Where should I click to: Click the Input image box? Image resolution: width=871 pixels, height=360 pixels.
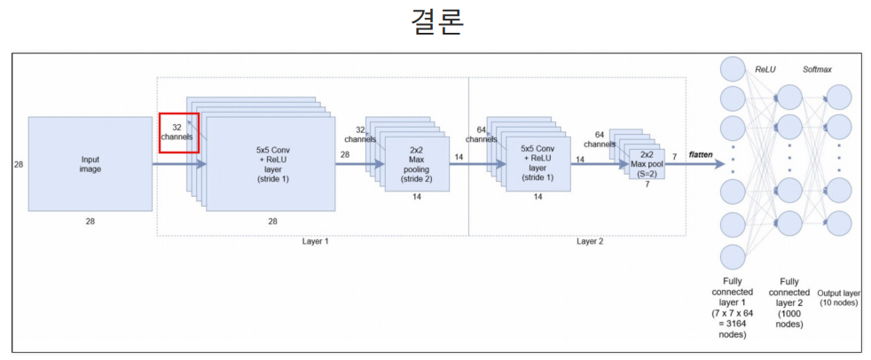tap(90, 164)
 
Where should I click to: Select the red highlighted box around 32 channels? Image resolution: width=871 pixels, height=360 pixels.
tap(178, 132)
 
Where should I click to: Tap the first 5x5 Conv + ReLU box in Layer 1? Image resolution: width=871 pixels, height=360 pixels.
tap(271, 164)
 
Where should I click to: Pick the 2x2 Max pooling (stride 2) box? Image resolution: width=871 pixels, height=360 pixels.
tap(416, 164)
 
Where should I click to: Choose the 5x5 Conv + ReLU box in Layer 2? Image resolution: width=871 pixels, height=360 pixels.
tap(538, 163)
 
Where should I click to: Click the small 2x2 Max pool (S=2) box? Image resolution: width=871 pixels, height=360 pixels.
tap(647, 163)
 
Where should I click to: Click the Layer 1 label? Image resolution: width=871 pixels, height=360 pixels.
tap(313, 241)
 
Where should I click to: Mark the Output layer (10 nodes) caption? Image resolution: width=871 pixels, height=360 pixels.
tap(838, 298)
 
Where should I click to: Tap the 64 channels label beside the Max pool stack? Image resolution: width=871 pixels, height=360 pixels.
tap(599, 139)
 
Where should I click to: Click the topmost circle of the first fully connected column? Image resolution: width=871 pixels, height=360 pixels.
tap(733, 68)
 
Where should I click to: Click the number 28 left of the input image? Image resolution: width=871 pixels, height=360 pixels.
tap(19, 164)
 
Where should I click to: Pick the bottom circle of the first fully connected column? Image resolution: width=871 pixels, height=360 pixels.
tap(733, 257)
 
